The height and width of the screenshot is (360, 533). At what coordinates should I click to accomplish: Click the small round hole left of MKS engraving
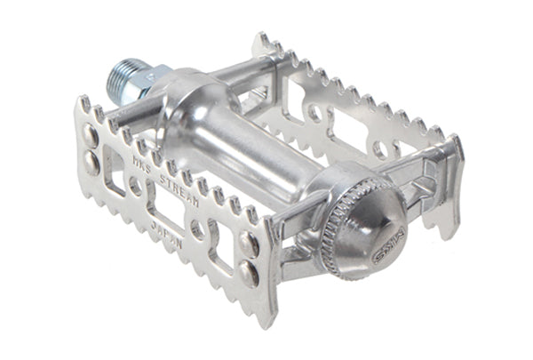pos(134,187)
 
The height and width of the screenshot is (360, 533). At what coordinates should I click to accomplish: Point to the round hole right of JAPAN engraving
pos(197,228)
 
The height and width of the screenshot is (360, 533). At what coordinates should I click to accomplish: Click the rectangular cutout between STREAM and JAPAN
pos(167,214)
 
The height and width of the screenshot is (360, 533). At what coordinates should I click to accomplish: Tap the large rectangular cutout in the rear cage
pos(351,129)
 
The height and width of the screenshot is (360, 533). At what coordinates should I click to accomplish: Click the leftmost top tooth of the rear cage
pos(263,41)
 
